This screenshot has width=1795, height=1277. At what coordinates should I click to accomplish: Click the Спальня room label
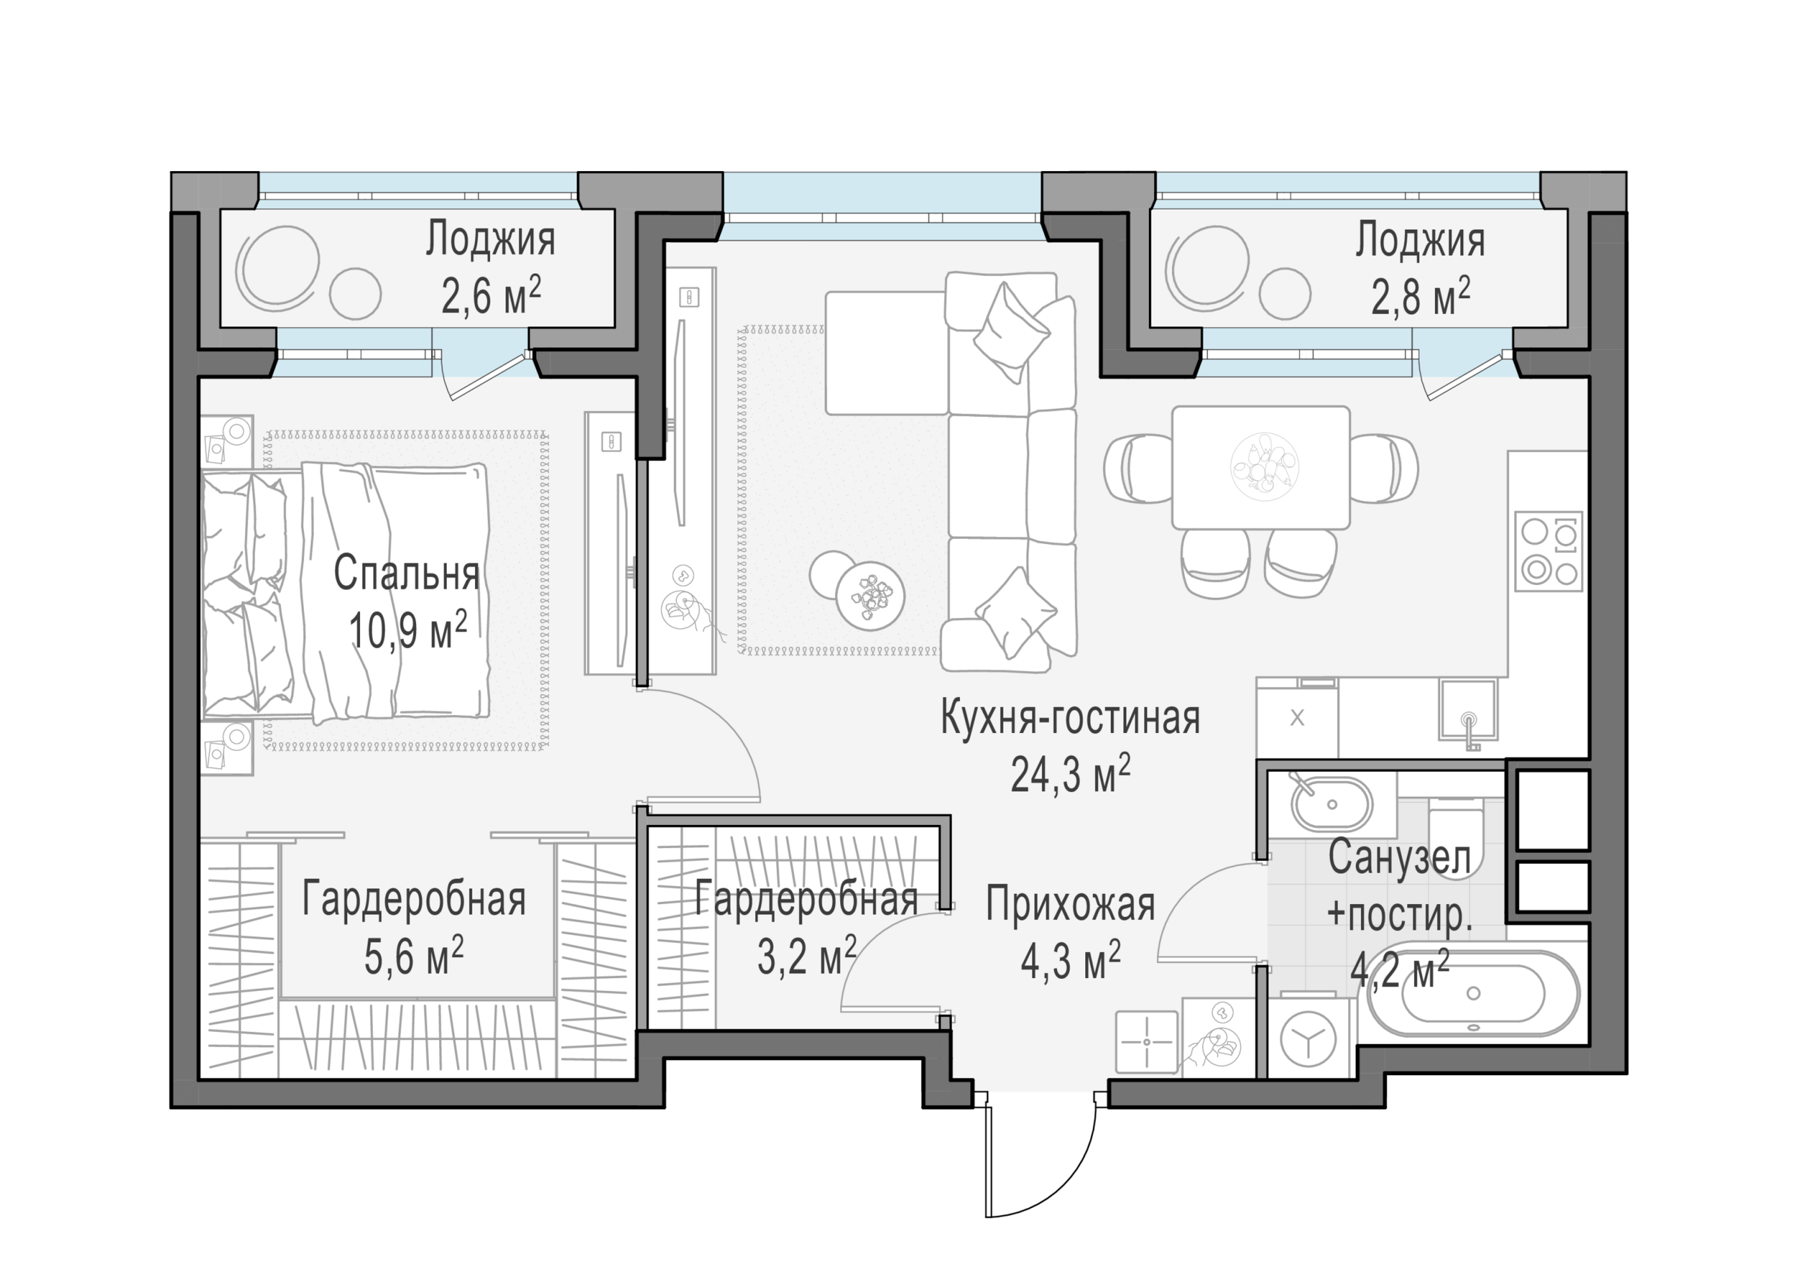(x=407, y=573)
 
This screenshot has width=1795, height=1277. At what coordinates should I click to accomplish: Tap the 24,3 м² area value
(x=1070, y=775)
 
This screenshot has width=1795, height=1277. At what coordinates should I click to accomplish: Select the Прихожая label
(x=1070, y=904)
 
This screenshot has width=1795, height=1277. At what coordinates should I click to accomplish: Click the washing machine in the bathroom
(x=1308, y=1038)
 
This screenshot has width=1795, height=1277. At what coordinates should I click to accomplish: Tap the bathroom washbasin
(x=1332, y=804)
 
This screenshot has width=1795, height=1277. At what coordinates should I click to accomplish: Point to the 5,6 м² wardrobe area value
(x=414, y=956)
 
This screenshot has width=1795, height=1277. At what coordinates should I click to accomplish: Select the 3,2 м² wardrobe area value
(x=806, y=956)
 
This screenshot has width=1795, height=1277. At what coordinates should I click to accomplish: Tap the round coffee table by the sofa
(x=869, y=595)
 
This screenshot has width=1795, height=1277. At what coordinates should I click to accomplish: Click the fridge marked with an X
(x=1296, y=717)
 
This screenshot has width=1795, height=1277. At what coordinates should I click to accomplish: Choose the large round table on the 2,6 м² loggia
(x=278, y=268)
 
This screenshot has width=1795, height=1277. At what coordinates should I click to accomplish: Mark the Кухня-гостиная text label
(x=1070, y=718)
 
